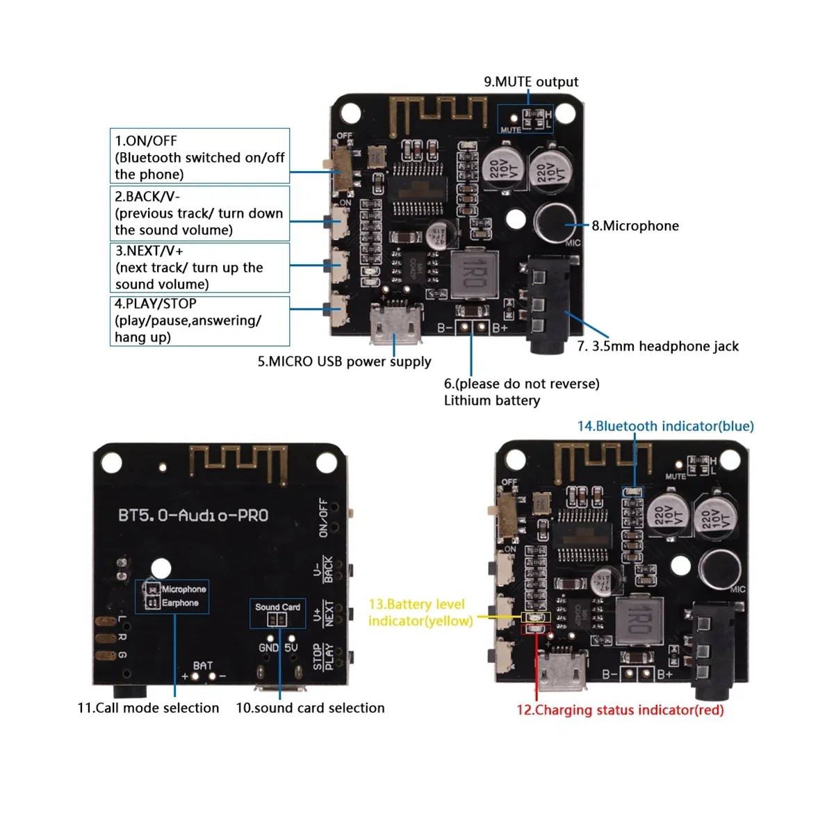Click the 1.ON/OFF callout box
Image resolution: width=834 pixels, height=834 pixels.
click(x=199, y=156)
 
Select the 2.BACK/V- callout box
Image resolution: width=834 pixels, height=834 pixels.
click(x=199, y=213)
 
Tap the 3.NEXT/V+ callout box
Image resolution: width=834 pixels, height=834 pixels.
click(x=199, y=268)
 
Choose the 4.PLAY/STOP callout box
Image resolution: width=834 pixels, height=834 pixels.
click(x=199, y=320)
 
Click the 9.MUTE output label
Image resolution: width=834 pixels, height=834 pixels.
click(x=531, y=82)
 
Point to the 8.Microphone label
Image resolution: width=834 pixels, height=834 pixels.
click(x=635, y=226)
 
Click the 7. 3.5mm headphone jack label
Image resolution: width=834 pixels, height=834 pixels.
click(x=657, y=346)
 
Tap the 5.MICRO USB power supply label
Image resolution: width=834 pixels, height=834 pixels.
click(x=344, y=361)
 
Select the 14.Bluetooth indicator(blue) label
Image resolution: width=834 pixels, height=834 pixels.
click(x=665, y=426)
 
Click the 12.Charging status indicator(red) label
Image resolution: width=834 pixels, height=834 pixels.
click(x=629, y=710)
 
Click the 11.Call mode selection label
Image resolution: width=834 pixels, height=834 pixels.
click(x=148, y=708)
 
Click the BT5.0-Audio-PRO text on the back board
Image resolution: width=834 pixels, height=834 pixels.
click(x=193, y=516)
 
